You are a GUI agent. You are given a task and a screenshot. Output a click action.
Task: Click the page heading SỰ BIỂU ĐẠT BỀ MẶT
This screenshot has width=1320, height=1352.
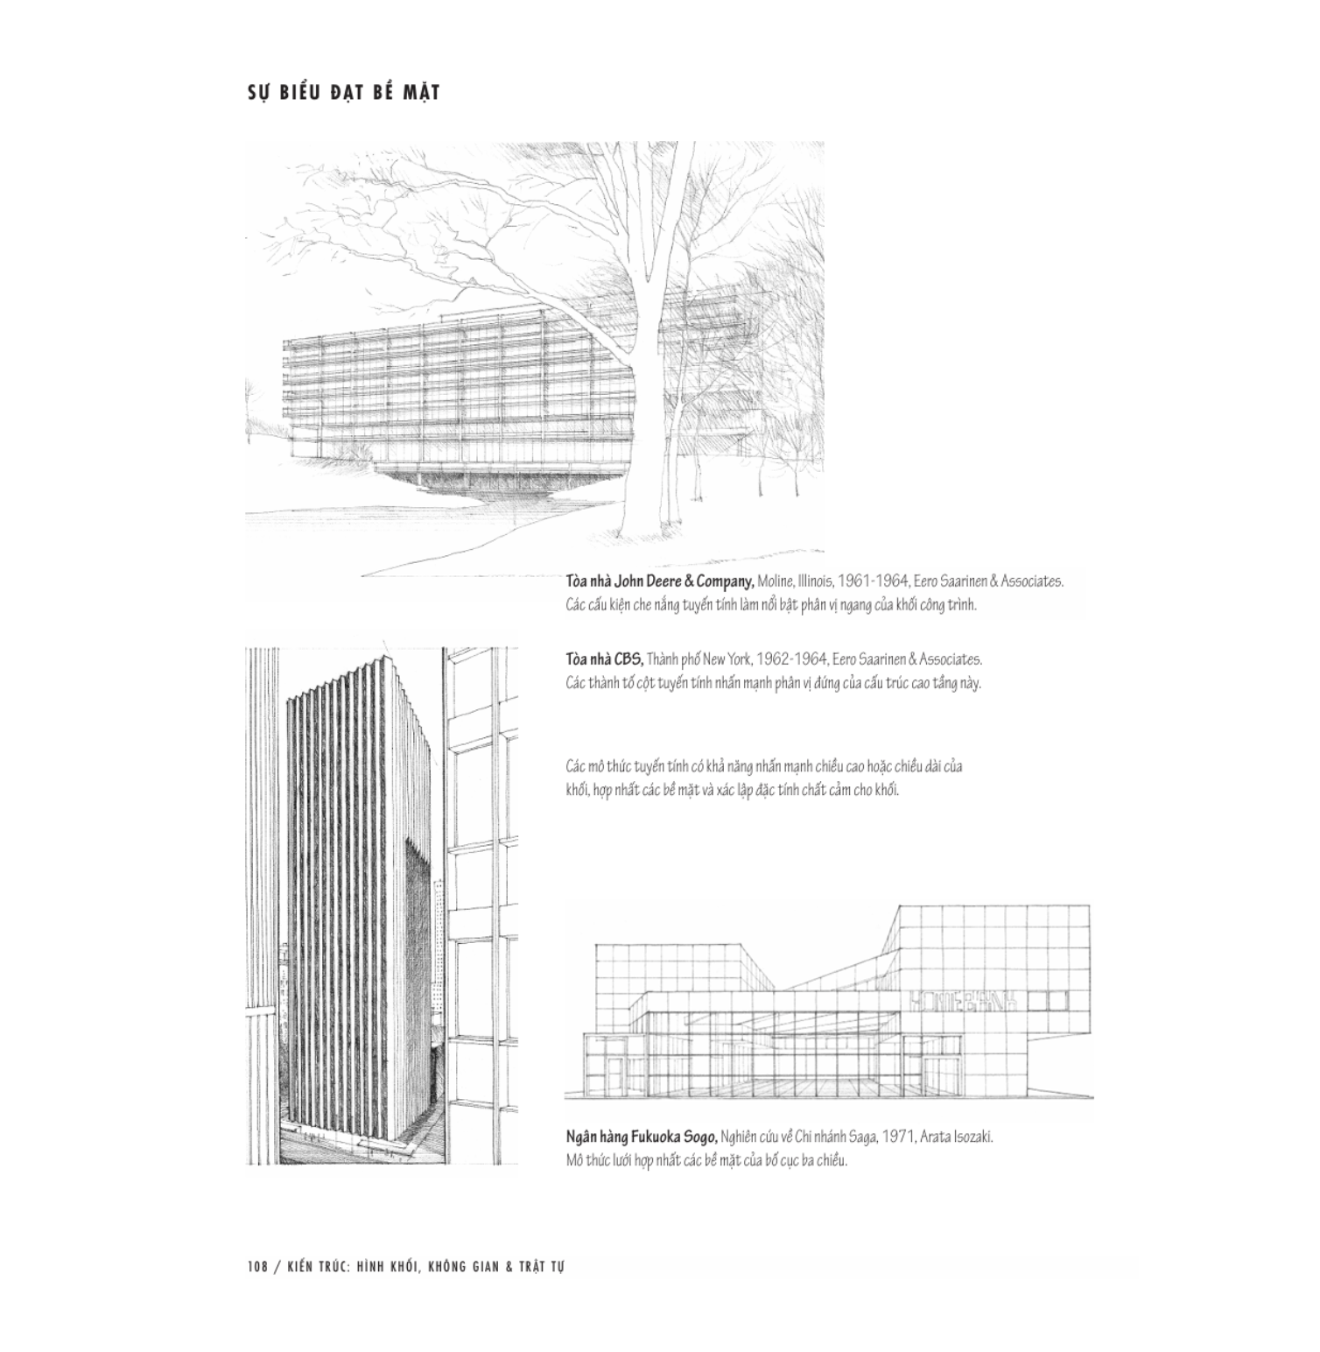tap(342, 92)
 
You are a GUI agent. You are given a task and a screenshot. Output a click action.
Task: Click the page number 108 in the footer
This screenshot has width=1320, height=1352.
tap(256, 1266)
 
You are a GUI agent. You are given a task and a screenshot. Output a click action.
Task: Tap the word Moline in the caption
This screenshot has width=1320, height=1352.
tap(776, 581)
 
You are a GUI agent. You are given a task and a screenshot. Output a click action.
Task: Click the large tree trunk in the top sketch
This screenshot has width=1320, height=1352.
tap(649, 420)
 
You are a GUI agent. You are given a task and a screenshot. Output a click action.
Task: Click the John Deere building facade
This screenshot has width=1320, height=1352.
tap(455, 394)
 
